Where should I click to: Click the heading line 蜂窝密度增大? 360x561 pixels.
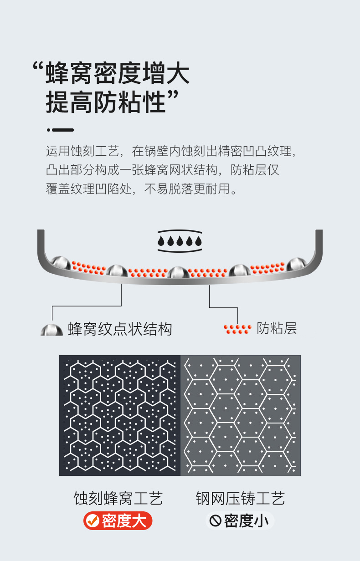pyautogui.click(x=118, y=74)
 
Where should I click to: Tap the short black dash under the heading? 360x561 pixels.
pyautogui.click(x=62, y=130)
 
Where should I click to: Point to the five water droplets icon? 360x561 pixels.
pyautogui.click(x=180, y=241)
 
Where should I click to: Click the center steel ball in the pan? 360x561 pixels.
pyautogui.click(x=178, y=273)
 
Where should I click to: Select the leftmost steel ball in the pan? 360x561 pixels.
pyautogui.click(x=61, y=263)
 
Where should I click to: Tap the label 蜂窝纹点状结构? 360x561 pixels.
pyautogui.click(x=120, y=329)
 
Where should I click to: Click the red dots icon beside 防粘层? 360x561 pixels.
pyautogui.click(x=237, y=329)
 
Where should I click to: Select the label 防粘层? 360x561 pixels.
pyautogui.click(x=277, y=328)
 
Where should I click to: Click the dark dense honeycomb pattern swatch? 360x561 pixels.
pyautogui.click(x=120, y=415)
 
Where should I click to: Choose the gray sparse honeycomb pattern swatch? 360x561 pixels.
pyautogui.click(x=241, y=415)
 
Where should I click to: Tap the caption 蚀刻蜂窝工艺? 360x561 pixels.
pyautogui.click(x=118, y=498)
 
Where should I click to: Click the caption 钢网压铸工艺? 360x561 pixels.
pyautogui.click(x=240, y=498)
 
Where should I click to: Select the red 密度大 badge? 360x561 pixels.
pyautogui.click(x=118, y=520)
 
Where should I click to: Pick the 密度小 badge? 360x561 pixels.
pyautogui.click(x=240, y=520)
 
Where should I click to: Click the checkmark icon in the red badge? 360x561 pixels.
pyautogui.click(x=93, y=520)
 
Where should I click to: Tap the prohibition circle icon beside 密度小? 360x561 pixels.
pyautogui.click(x=215, y=520)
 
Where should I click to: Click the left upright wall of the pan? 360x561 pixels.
pyautogui.click(x=41, y=241)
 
